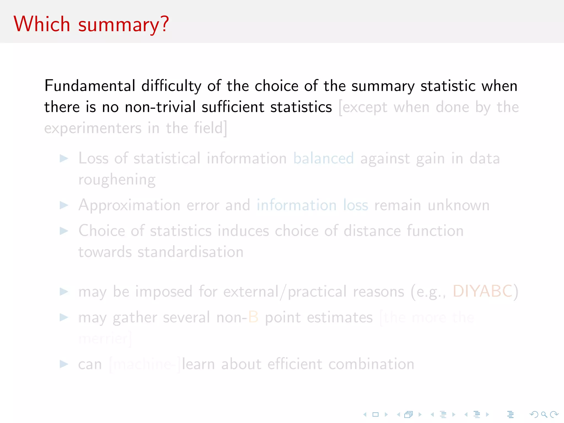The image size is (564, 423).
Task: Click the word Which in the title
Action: (x=42, y=24)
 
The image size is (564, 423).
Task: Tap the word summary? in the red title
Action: (x=123, y=25)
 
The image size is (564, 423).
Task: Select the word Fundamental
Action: (x=90, y=86)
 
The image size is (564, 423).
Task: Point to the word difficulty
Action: (x=171, y=86)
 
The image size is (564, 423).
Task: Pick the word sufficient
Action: (x=233, y=107)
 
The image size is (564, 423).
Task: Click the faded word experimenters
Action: (x=93, y=128)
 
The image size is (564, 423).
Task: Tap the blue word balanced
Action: (x=323, y=158)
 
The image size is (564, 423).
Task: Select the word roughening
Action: (x=117, y=180)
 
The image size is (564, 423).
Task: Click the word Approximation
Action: (x=129, y=205)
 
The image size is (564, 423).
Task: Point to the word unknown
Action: (x=459, y=205)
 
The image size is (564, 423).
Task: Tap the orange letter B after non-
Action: (x=253, y=317)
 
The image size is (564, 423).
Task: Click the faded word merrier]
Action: (x=105, y=338)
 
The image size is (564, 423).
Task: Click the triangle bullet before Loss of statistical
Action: (x=64, y=158)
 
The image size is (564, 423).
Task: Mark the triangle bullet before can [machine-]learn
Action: (x=64, y=364)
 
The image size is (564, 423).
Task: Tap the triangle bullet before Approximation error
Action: (x=64, y=205)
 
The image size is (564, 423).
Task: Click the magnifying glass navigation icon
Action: (x=544, y=414)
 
